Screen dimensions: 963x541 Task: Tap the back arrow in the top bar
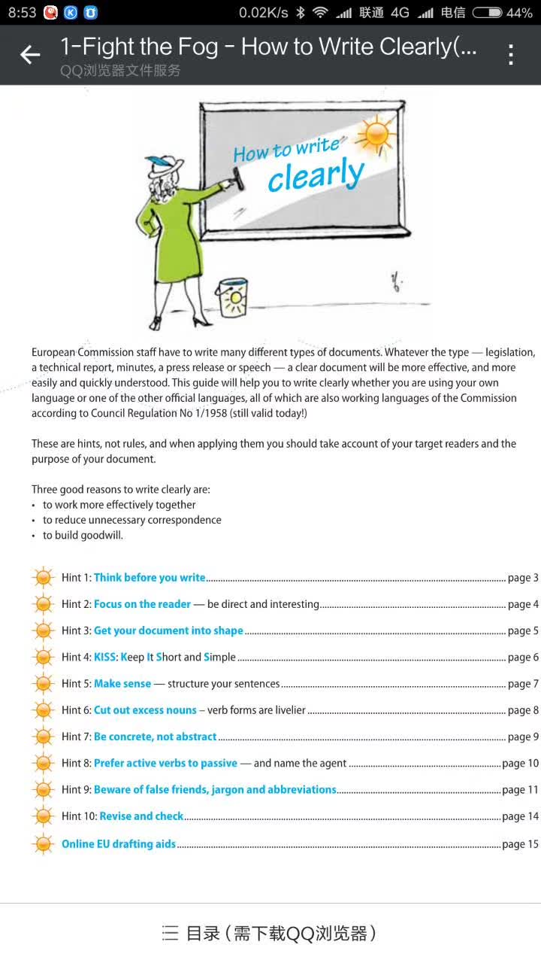pyautogui.click(x=30, y=55)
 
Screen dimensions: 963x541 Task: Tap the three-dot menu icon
pyautogui.click(x=511, y=55)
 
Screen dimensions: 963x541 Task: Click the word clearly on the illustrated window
pyautogui.click(x=316, y=175)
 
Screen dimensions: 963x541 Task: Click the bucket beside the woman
pyautogui.click(x=231, y=298)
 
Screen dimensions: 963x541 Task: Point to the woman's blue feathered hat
pyautogui.click(x=161, y=164)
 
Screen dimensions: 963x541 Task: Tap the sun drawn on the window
pyautogui.click(x=375, y=134)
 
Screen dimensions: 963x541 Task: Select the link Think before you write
pyautogui.click(x=150, y=578)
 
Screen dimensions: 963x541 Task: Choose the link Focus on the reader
pyautogui.click(x=142, y=604)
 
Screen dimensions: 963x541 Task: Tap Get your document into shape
pyautogui.click(x=168, y=630)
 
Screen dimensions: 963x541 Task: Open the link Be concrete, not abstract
pyautogui.click(x=155, y=737)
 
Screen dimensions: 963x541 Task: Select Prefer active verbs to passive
pyautogui.click(x=165, y=763)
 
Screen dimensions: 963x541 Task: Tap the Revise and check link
pyautogui.click(x=141, y=816)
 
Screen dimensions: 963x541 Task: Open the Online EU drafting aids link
pyautogui.click(x=119, y=844)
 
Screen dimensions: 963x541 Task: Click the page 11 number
pyautogui.click(x=520, y=790)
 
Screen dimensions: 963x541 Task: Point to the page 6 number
pyautogui.click(x=523, y=657)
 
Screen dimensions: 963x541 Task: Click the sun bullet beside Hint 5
pyautogui.click(x=44, y=684)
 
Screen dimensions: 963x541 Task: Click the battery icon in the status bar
pyautogui.click(x=487, y=12)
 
